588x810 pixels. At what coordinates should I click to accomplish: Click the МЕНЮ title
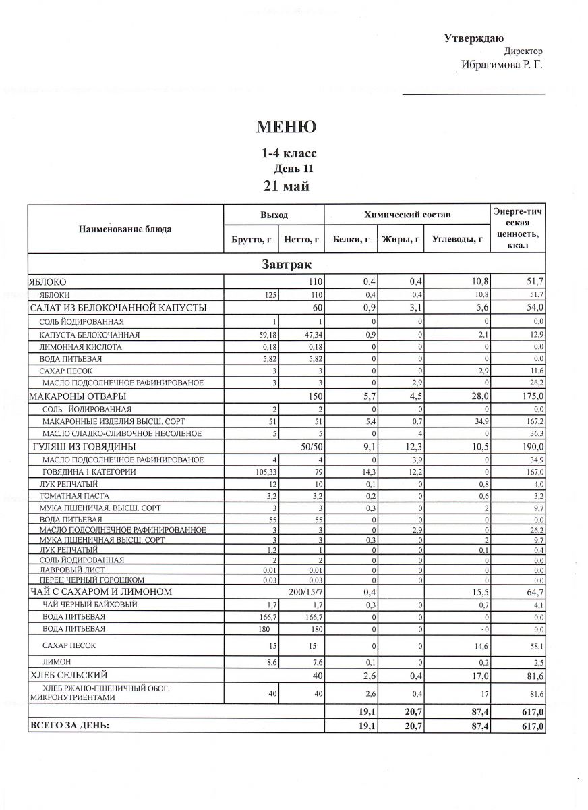click(286, 127)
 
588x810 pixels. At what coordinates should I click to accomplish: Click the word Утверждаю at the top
click(473, 39)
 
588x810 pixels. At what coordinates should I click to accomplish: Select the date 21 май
click(286, 186)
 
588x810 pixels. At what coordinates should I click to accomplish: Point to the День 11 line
click(293, 169)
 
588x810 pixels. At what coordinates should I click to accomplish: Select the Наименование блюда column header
click(125, 229)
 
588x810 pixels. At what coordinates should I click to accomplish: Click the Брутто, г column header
click(251, 239)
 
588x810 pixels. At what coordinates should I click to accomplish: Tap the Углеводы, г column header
click(458, 239)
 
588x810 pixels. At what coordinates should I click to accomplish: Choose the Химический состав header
click(407, 215)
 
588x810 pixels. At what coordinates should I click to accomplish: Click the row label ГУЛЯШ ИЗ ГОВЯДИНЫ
click(84, 447)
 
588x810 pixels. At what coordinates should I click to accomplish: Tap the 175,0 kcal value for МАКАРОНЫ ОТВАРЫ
click(530, 396)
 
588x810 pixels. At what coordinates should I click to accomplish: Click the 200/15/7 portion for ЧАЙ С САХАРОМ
click(306, 592)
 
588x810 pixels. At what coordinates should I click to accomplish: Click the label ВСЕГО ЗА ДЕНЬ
click(69, 726)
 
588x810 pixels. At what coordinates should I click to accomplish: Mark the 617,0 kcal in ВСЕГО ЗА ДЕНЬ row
click(530, 726)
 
